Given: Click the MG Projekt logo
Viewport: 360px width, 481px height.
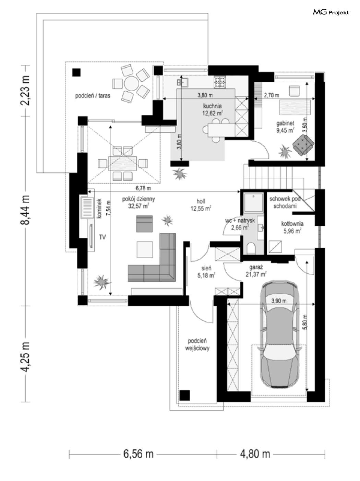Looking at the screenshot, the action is coord(331,12).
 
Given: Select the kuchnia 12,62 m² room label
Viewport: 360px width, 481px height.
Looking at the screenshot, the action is coord(213,109).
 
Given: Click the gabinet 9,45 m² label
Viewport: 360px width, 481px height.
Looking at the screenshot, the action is coord(285,127).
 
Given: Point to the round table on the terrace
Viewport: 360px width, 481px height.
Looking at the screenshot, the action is coord(131,83).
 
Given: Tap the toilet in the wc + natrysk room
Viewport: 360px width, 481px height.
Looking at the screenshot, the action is coord(251,248).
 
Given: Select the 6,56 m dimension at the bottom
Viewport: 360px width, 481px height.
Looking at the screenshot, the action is coord(139,454).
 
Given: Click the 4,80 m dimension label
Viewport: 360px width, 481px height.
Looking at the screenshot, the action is coord(255,454).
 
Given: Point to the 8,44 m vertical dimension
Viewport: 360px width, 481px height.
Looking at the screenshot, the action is coord(25,210).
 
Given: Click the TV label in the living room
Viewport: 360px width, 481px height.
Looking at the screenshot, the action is coord(102,237).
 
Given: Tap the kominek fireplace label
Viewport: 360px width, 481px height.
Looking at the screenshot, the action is coord(99,208).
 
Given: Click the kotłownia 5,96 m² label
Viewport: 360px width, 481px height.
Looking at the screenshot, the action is coord(292,227).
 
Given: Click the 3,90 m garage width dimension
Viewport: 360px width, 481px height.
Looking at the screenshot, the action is coord(279,301).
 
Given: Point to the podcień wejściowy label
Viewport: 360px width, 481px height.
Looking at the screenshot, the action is coord(197,344).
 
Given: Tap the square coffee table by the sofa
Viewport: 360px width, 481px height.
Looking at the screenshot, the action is coord(145,249).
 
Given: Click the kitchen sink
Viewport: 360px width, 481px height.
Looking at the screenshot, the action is coord(182,82).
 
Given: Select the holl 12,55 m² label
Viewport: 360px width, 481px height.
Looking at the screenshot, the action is coord(201,205).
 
